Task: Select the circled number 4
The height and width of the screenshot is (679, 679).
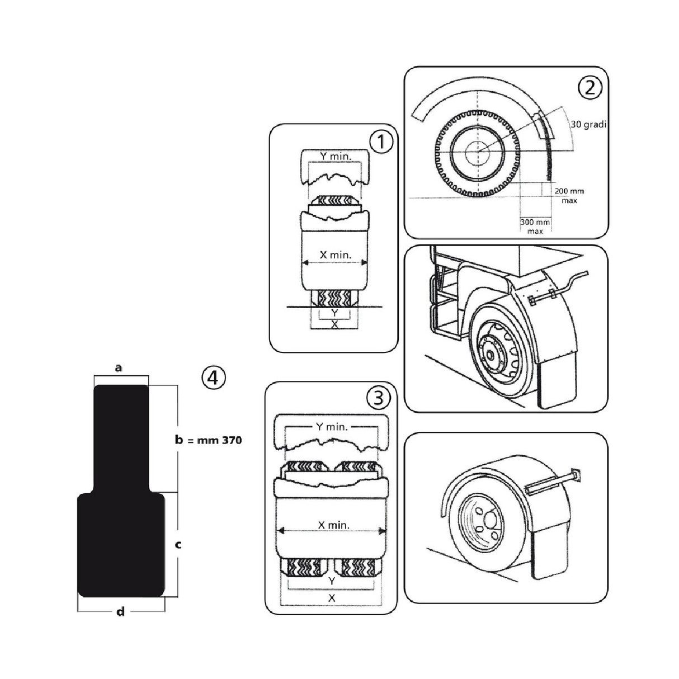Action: point(213,378)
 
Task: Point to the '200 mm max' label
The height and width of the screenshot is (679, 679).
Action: point(569,196)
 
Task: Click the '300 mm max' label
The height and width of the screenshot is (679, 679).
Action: point(535,226)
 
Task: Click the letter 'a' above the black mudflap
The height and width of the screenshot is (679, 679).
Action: point(118,367)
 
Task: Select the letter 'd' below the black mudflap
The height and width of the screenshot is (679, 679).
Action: point(120,611)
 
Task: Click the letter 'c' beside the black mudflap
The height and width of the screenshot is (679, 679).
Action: point(178,544)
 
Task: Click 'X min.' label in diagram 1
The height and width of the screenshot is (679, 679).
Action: point(334,254)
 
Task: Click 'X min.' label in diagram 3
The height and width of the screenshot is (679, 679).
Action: point(333,525)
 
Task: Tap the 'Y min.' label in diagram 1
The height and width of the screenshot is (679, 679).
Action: point(336,157)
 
